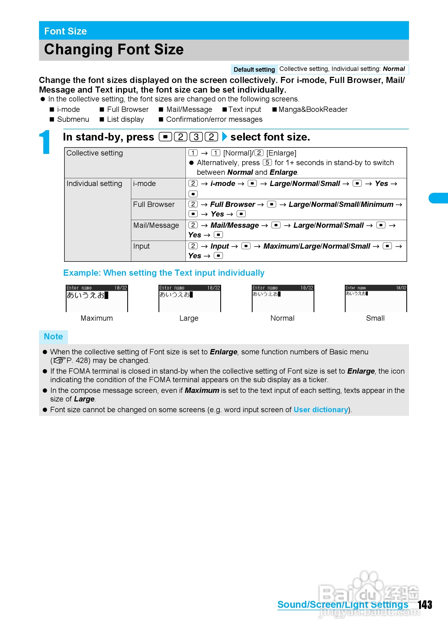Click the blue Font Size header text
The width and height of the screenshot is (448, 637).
click(x=65, y=31)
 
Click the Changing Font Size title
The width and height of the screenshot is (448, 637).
click(x=114, y=50)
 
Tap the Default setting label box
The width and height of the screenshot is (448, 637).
click(x=254, y=69)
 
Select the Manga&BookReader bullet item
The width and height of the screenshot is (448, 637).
click(x=312, y=109)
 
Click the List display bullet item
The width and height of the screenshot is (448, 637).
click(x=125, y=119)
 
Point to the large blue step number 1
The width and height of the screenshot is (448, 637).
click(x=45, y=142)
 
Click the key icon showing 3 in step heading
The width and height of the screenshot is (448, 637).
click(x=196, y=137)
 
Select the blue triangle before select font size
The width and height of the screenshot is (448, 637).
click(x=225, y=137)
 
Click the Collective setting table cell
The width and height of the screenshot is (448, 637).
click(x=94, y=153)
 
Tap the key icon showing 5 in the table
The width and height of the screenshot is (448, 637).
click(x=267, y=162)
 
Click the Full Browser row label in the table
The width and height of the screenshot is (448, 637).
click(x=153, y=204)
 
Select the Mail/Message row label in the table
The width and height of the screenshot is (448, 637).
click(x=156, y=225)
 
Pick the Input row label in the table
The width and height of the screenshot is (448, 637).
click(x=141, y=246)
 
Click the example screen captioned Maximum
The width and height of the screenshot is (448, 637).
click(x=97, y=298)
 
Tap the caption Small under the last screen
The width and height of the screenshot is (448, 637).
click(x=375, y=318)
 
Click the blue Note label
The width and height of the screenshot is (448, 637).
click(x=53, y=336)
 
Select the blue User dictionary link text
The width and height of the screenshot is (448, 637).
click(x=320, y=410)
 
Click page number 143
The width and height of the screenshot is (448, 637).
click(x=425, y=605)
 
